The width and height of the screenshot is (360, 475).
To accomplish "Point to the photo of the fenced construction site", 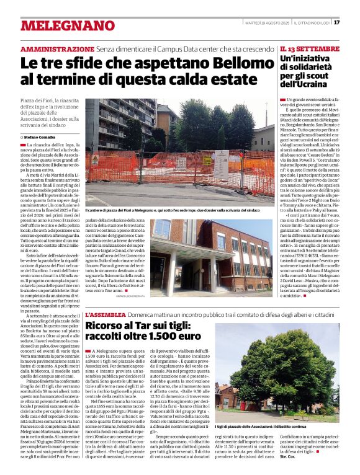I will (x=180, y=152).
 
